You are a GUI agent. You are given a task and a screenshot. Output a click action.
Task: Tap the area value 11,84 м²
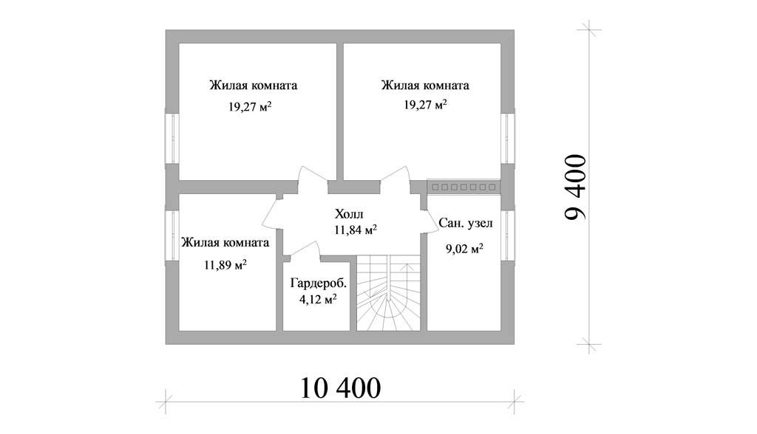pyautogui.click(x=356, y=230)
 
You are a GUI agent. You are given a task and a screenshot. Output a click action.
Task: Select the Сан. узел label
pyautogui.click(x=465, y=222)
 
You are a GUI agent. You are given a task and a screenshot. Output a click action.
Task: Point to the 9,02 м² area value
pyautogui.click(x=464, y=249)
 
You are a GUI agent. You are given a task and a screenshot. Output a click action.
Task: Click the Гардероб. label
pyautogui.click(x=319, y=283)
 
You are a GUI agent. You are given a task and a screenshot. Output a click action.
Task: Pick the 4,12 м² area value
pyautogui.click(x=318, y=300)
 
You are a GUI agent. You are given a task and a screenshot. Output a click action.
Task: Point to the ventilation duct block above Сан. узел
pyautogui.click(x=463, y=187)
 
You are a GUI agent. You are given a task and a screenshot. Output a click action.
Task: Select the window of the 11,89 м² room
pyautogui.click(x=171, y=235)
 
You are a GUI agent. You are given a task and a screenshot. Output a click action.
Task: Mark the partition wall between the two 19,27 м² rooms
pyautogui.click(x=340, y=111)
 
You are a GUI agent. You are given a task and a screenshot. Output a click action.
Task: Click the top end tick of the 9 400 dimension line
pyautogui.click(x=589, y=30)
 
